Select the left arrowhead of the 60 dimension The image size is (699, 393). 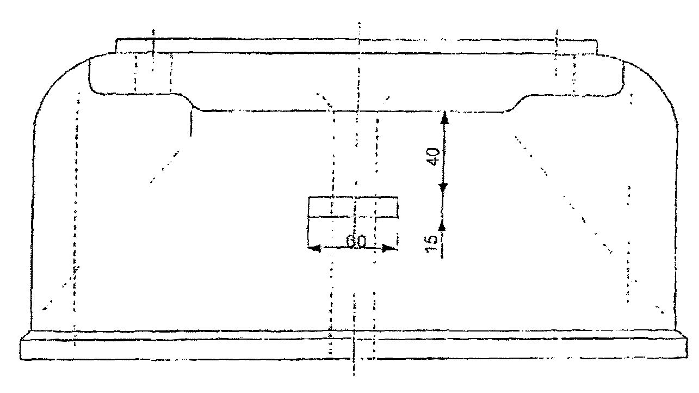tap(314, 249)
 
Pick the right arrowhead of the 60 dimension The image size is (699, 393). tap(390, 249)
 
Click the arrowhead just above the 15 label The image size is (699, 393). tap(442, 224)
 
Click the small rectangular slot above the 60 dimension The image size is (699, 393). tap(353, 207)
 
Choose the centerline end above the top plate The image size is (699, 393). tap(359, 23)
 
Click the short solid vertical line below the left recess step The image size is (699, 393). tap(191, 123)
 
